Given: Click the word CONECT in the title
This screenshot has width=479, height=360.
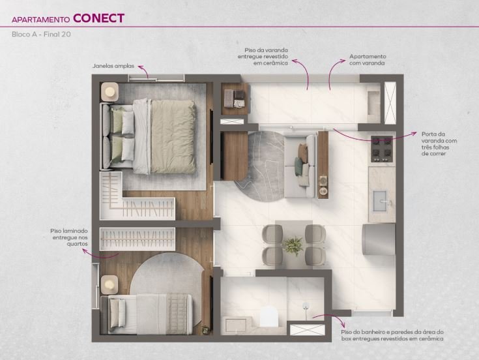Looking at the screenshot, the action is pos(98,18).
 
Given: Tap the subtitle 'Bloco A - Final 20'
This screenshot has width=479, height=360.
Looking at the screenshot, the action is pos(41,34).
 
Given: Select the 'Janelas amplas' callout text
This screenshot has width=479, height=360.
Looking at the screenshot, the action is pos(113,66).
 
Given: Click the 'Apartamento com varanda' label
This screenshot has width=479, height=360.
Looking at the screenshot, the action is pos(368,60).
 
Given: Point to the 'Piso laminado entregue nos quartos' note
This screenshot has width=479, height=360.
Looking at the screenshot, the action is pos(69,237).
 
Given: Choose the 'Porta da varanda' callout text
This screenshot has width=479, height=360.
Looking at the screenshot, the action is pos(439,143).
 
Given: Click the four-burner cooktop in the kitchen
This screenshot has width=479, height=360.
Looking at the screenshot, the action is pos(381,149).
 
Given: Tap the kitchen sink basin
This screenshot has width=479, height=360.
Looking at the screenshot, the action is pos(380,201).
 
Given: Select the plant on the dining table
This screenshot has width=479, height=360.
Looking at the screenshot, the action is pos(293,245).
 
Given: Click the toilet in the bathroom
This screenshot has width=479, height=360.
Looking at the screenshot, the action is pos(269,316).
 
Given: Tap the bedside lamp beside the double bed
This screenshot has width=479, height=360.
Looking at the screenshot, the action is pos(109,91).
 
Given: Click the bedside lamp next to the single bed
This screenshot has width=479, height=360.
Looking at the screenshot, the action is pos(109,285).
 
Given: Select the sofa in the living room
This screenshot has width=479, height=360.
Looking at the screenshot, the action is pos(300,166).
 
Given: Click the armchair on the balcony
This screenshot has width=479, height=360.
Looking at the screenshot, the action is pos(235,98).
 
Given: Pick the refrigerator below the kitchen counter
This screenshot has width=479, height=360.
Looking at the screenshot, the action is pos(379,239).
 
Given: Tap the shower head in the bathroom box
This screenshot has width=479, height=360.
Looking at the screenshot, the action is pos(305,307).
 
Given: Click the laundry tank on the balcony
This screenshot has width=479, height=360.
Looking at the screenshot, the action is pos(373,102).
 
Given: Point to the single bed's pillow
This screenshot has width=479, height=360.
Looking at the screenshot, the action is pos(117,314).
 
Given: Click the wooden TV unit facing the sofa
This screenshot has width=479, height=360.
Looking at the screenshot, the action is pos(234,156).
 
